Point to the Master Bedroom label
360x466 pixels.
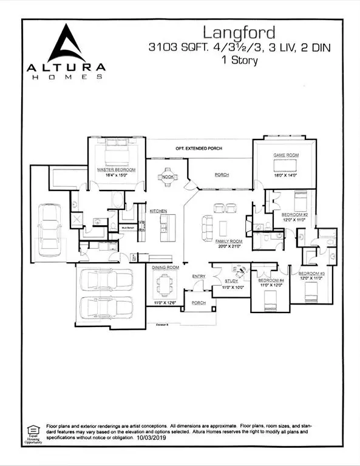[x=116, y=169]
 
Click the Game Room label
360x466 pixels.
[x=284, y=156]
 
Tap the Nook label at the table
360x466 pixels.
[x=167, y=177]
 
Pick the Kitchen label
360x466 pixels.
[x=158, y=211]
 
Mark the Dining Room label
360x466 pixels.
[x=165, y=267]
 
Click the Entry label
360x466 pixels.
[x=199, y=277]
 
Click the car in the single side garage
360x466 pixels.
[x=49, y=225]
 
